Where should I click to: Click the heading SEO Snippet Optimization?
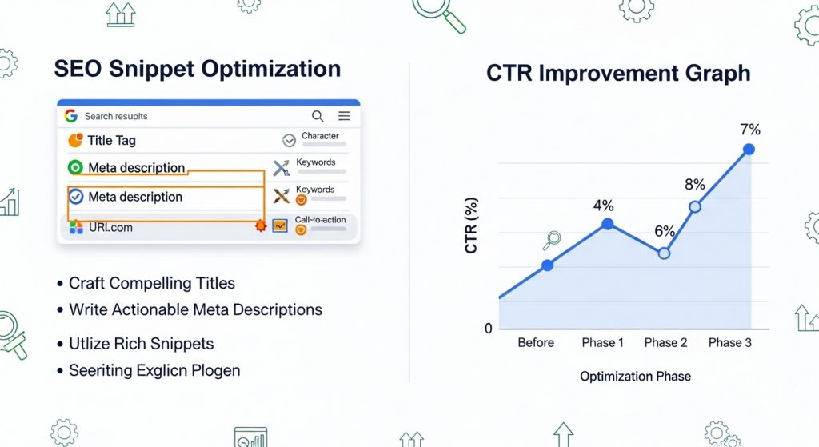197,69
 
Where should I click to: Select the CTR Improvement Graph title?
618,74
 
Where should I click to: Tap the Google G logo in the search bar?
70,116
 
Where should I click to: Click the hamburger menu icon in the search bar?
344,116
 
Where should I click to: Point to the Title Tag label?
111,141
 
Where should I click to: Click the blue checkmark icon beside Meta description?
76,197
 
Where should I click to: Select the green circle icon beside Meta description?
75,168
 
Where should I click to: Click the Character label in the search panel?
320,136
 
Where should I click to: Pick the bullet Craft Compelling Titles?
151,283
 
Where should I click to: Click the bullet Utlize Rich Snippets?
141,344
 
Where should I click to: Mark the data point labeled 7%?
749,149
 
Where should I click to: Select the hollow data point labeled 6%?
664,253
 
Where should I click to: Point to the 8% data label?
694,185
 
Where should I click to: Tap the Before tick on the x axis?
535,342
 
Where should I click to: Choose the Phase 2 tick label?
665,342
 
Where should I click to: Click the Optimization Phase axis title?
635,376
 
